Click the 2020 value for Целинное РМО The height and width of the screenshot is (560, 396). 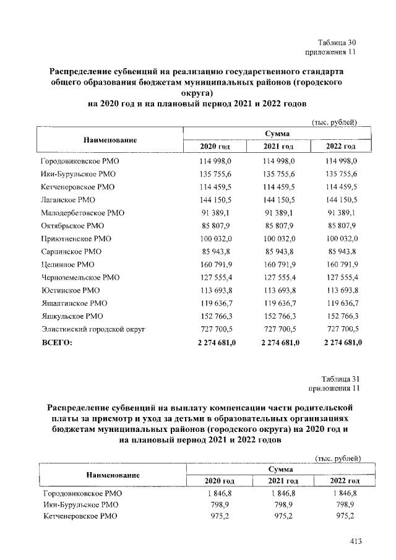(215, 265)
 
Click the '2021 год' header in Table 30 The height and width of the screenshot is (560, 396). (278, 146)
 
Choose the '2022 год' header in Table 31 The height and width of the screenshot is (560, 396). (344, 480)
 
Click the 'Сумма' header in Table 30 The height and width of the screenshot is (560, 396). (277, 133)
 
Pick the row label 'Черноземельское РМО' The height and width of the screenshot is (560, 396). (80, 278)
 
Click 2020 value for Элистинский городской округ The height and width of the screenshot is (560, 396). (215, 330)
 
